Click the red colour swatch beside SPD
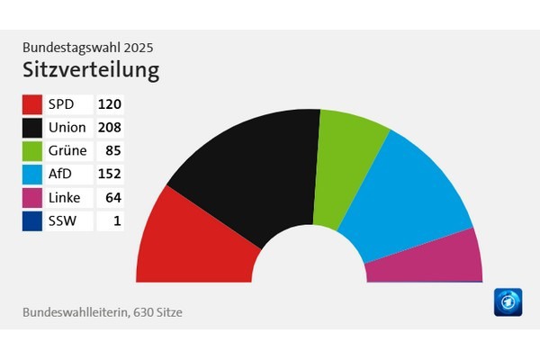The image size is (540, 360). (32, 103)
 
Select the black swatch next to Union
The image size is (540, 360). (32, 127)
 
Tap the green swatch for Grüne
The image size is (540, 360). (32, 150)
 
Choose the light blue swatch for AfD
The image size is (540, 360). (32, 174)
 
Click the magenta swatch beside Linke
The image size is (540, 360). (32, 197)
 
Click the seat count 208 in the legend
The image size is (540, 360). (109, 127)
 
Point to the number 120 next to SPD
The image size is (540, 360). (109, 103)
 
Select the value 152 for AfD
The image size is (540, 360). (109, 174)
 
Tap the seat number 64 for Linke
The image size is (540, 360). (112, 197)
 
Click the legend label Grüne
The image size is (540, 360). (67, 150)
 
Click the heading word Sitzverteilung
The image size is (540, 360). (91, 68)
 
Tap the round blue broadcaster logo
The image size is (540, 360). (508, 302)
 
